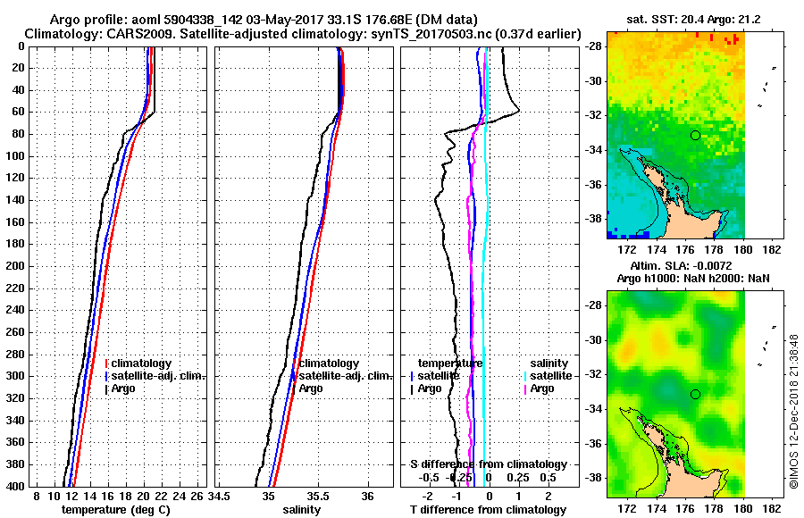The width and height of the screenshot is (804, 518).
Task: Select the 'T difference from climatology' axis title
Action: [488, 509]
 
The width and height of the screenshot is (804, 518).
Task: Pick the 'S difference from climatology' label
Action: [488, 464]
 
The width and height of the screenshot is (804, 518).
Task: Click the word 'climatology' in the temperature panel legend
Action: [142, 363]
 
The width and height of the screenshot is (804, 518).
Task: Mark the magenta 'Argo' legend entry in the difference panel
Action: [541, 388]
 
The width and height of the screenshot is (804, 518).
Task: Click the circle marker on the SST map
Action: [695, 135]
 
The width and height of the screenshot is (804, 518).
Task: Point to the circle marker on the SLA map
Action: [695, 394]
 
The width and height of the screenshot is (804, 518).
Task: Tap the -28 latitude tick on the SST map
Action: [594, 46]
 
